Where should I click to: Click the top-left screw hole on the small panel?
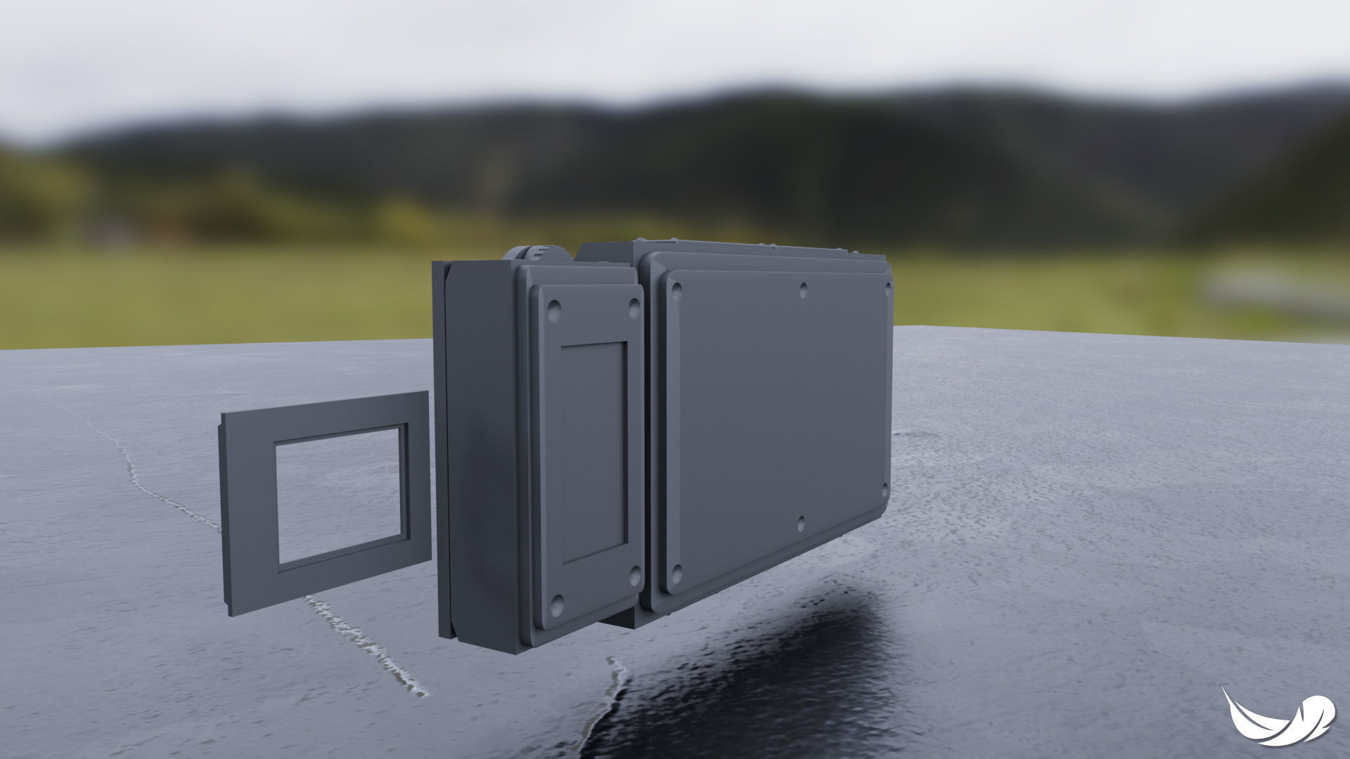coord(554,309)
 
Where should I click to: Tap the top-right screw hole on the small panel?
coord(634,306)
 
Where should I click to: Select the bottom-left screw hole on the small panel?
coord(558,602)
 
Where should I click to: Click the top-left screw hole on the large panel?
coord(677,288)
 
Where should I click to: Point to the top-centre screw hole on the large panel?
coord(803,287)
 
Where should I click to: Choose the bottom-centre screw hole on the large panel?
coord(801,524)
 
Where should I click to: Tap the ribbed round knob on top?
coord(541,253)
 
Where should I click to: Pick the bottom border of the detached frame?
coord(330,576)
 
